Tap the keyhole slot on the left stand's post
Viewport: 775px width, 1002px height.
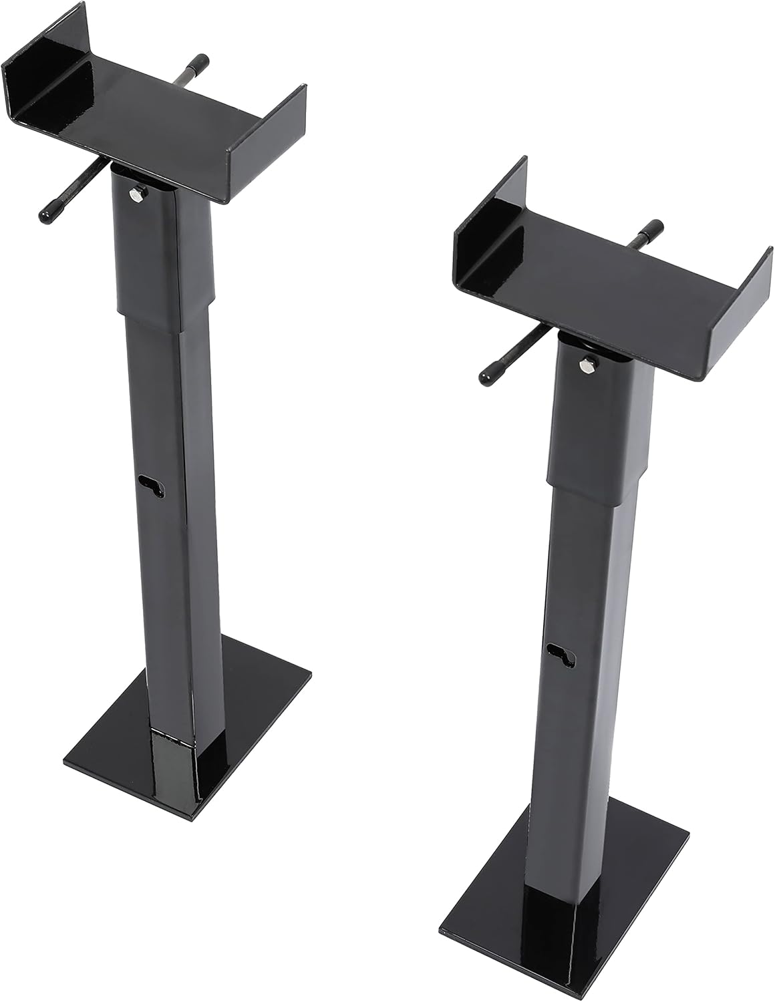click(153, 486)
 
